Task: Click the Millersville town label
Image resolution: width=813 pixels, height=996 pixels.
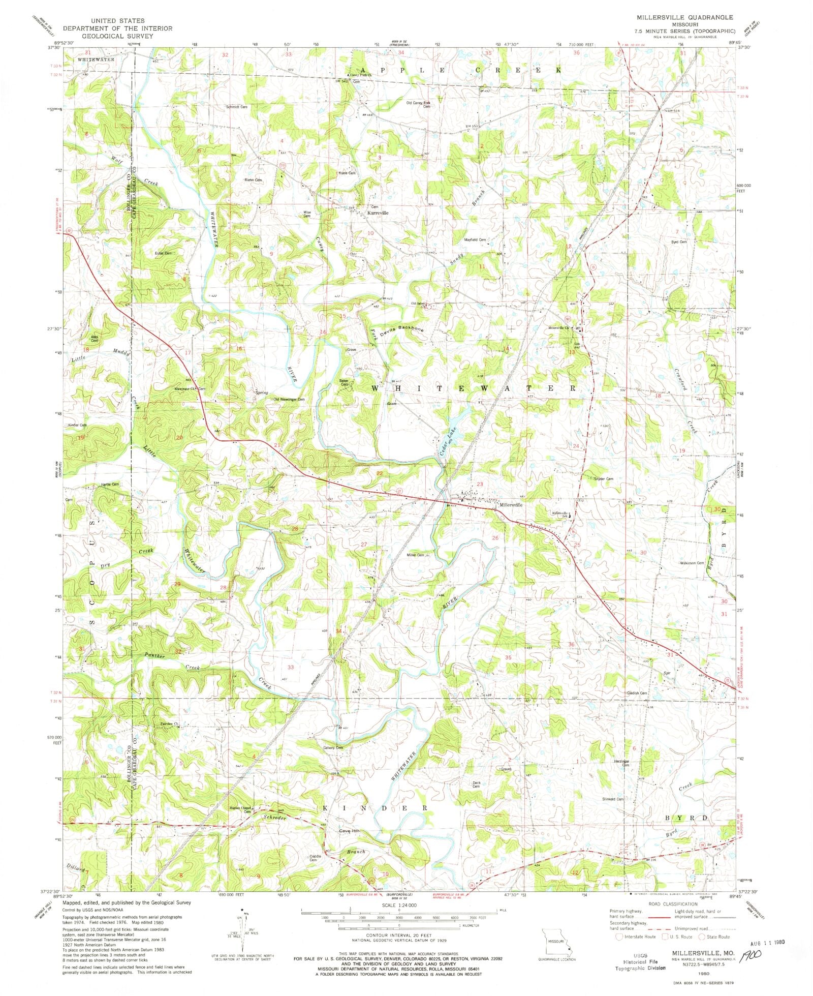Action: pos(511,505)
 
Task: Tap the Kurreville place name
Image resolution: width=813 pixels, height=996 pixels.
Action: pos(378,213)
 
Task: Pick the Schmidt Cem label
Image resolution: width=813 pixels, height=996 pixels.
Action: pos(237,107)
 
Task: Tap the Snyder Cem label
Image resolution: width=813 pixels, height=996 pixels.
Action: pos(604,479)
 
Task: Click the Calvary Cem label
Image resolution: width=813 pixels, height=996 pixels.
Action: pos(333,747)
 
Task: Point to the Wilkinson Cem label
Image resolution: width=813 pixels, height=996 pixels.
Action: pos(692,563)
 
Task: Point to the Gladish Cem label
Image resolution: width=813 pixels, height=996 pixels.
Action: pos(637,693)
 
